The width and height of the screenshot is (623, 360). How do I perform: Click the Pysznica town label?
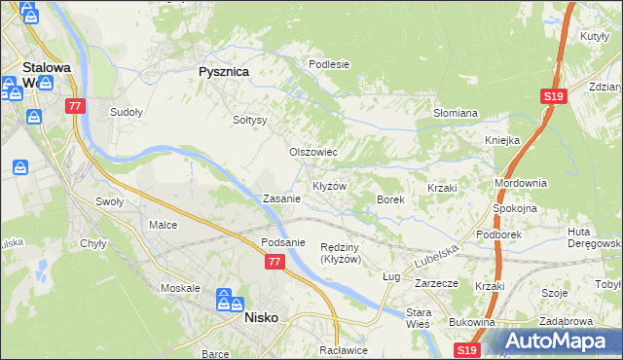(x=224, y=72)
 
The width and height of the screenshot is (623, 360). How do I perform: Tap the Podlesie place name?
(x=328, y=64)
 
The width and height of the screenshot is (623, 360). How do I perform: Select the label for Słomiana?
(x=455, y=113)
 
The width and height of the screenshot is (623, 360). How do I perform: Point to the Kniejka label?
(x=503, y=140)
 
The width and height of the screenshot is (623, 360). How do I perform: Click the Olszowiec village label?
(x=313, y=152)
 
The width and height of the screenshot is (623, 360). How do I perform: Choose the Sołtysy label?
(x=250, y=120)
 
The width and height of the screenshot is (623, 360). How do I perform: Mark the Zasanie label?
(x=281, y=198)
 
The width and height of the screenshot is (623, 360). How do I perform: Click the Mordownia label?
(x=521, y=183)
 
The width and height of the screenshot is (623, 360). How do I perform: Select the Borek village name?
(x=390, y=198)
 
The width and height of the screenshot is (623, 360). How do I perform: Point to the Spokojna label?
(x=516, y=208)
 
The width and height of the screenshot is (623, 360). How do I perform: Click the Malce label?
(x=163, y=225)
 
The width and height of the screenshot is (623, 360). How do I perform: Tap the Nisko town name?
(x=262, y=317)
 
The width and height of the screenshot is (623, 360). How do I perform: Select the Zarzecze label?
(x=436, y=283)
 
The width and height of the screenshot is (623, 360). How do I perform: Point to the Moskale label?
(x=180, y=289)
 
